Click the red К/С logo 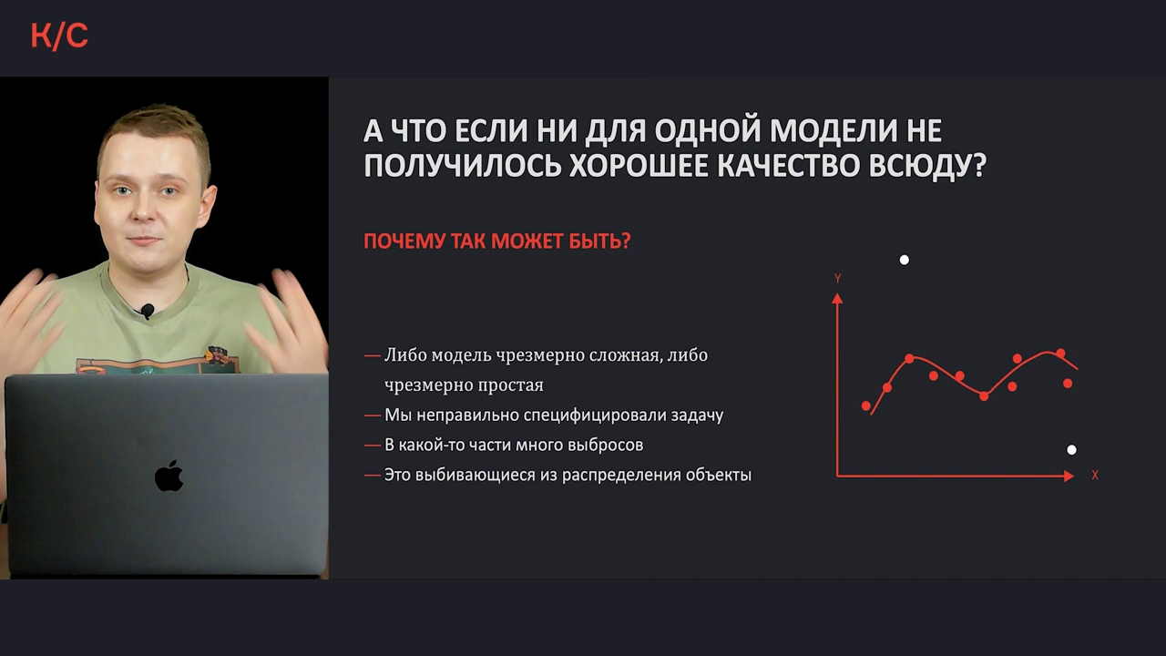coord(59,36)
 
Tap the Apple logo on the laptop coord(169,476)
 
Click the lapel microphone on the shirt coord(148,311)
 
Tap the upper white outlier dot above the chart coord(905,260)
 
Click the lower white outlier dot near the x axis coord(1071,450)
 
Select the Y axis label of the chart coord(837,279)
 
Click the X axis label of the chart coord(1095,476)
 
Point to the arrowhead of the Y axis coord(837,298)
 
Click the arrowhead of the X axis coord(1069,476)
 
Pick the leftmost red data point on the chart coord(866,405)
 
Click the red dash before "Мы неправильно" coord(373,415)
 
